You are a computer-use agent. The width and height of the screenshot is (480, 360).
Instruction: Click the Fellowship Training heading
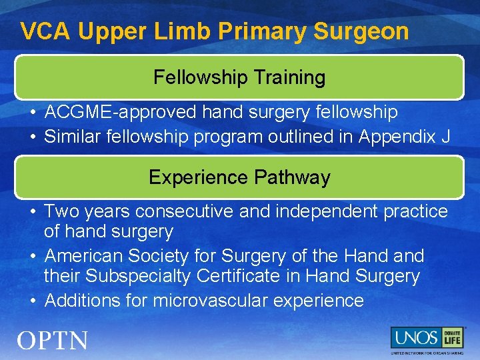[x=239, y=77]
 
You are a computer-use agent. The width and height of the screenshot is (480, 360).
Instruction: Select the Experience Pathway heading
[x=239, y=177]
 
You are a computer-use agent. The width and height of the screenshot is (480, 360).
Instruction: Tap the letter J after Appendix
[x=445, y=137]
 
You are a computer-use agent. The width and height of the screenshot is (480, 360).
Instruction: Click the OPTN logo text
[x=53, y=341]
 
